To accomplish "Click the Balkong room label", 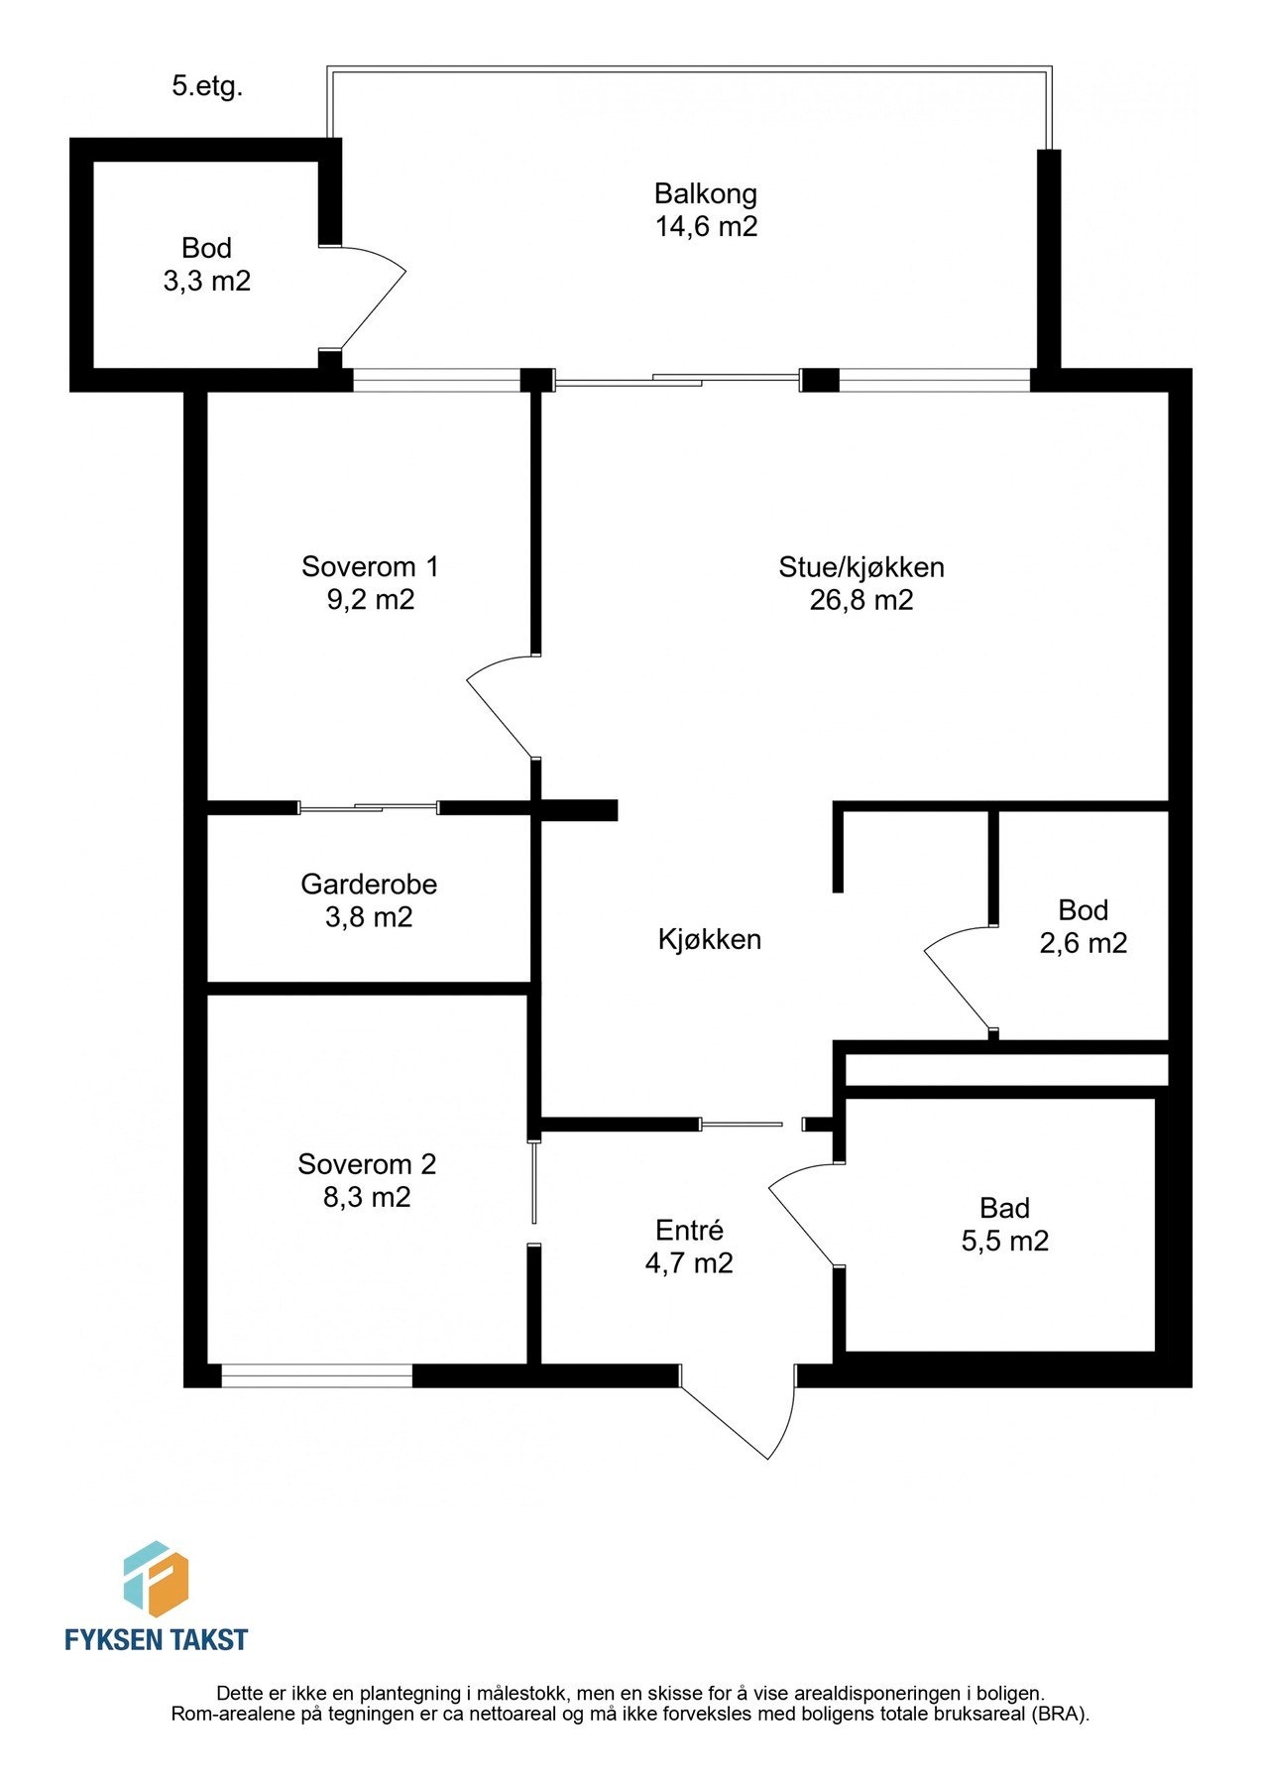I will (x=705, y=193).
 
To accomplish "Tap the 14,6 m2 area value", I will (x=705, y=227).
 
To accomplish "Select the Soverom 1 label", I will (x=370, y=567).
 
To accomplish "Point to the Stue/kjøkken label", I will (x=860, y=567).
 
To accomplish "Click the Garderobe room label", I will (x=369, y=884).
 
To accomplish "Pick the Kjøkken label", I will (x=709, y=939).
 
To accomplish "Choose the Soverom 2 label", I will (x=367, y=1164).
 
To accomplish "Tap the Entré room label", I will (x=689, y=1231).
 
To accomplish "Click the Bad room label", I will (x=1004, y=1208).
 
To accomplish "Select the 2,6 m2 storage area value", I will (x=1083, y=943).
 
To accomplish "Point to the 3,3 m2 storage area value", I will (x=206, y=282).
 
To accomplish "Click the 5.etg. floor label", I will (x=207, y=86).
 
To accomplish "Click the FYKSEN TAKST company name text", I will (x=156, y=1639).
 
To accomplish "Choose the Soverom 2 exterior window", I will (x=316, y=1374).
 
